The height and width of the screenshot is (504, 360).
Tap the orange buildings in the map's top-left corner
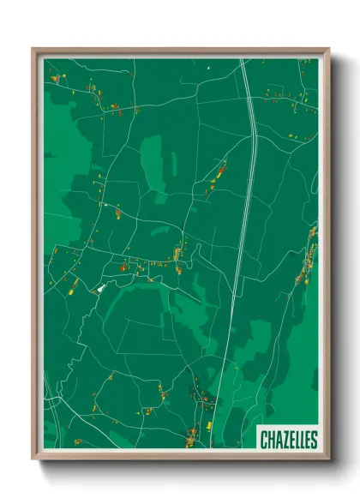56,78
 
